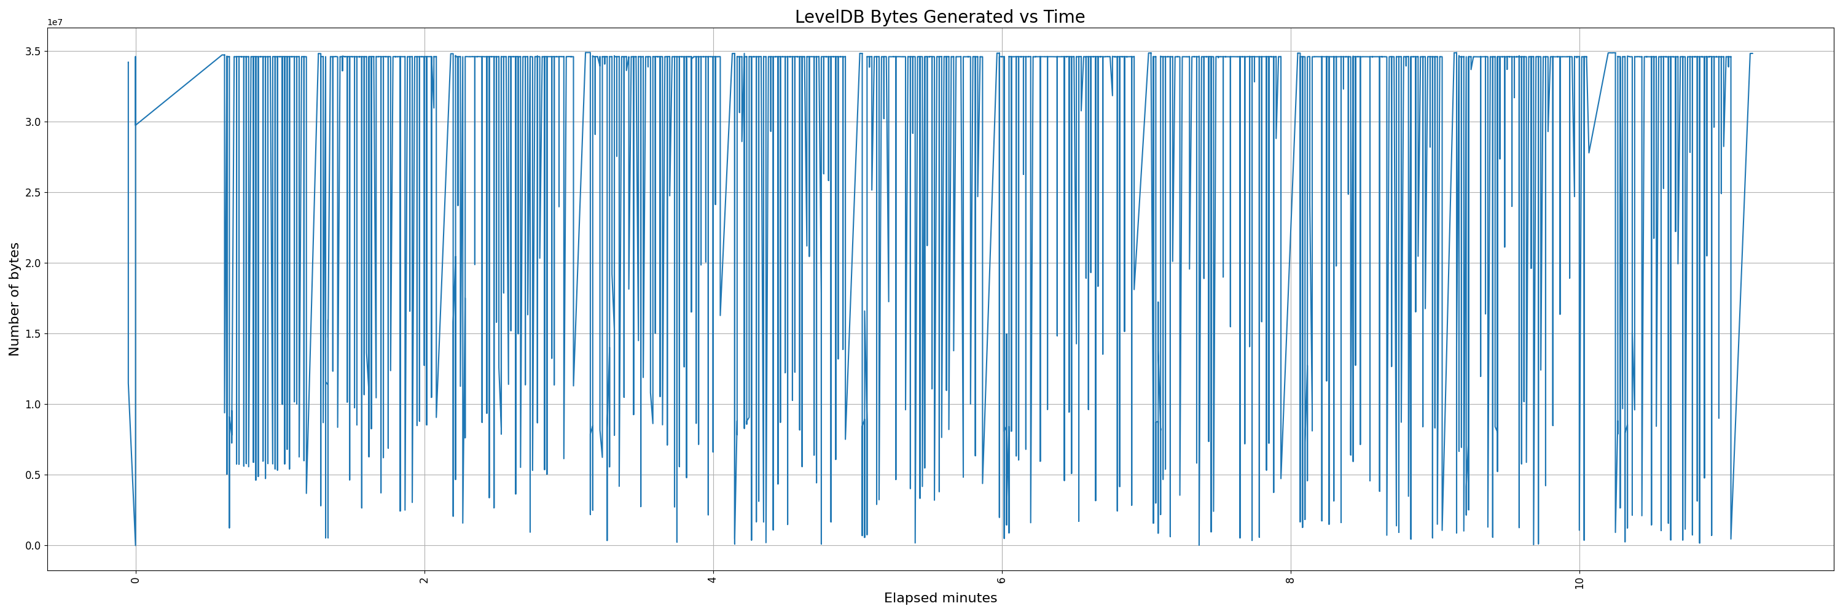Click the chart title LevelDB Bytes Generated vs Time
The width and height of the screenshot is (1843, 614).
pos(939,17)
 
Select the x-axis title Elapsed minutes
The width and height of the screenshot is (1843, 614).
pos(940,598)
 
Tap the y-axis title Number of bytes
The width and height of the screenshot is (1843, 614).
pos(14,299)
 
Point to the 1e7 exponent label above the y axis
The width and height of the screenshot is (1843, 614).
pos(55,22)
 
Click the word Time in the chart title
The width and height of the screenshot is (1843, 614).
pos(1065,17)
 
